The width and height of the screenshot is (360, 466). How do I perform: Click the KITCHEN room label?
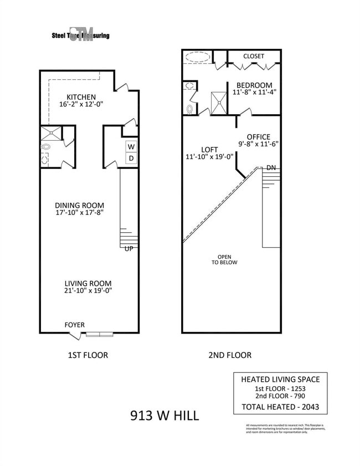point(81,97)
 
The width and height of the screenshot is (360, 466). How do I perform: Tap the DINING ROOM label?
point(80,205)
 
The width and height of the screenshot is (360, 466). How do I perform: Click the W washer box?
point(131,147)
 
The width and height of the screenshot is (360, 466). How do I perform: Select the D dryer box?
point(131,158)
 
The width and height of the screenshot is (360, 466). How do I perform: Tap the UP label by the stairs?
point(128,249)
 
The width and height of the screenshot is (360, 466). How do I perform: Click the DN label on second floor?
point(271,168)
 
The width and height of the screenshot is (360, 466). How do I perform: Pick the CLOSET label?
point(253,56)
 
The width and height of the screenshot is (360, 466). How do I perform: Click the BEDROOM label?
point(254,85)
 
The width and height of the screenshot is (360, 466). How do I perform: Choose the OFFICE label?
point(258,137)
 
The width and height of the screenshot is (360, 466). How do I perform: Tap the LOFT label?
point(209,150)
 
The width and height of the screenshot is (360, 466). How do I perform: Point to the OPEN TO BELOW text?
point(224,259)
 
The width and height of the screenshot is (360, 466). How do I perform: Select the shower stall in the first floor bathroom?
point(50,133)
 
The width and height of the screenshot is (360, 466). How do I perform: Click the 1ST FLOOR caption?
point(87,355)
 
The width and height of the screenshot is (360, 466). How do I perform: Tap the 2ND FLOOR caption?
point(231,355)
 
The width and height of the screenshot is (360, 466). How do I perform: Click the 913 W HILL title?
point(164,414)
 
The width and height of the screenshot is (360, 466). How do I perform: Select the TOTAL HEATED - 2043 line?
point(280,407)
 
